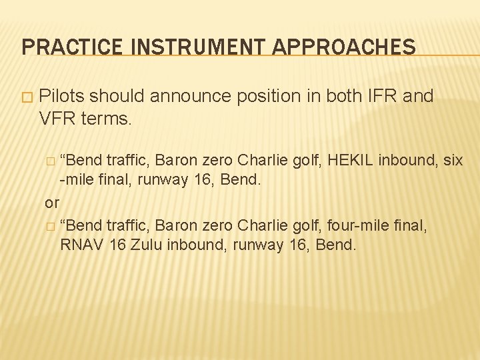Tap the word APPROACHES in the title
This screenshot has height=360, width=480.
click(x=344, y=47)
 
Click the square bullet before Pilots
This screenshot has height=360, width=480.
click(x=27, y=97)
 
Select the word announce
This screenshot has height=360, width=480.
click(x=193, y=96)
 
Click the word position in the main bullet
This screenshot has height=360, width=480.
click(x=267, y=96)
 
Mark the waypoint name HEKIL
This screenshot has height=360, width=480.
click(x=351, y=160)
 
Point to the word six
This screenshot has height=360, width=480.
click(x=452, y=160)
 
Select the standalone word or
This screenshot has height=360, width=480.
click(x=51, y=202)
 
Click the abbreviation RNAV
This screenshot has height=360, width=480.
click(x=81, y=245)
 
